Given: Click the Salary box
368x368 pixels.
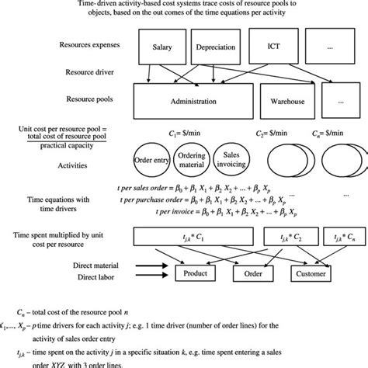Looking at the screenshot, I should (x=158, y=47).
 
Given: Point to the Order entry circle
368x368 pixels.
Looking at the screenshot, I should (x=153, y=161).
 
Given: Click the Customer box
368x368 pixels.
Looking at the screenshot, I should (x=312, y=273).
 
